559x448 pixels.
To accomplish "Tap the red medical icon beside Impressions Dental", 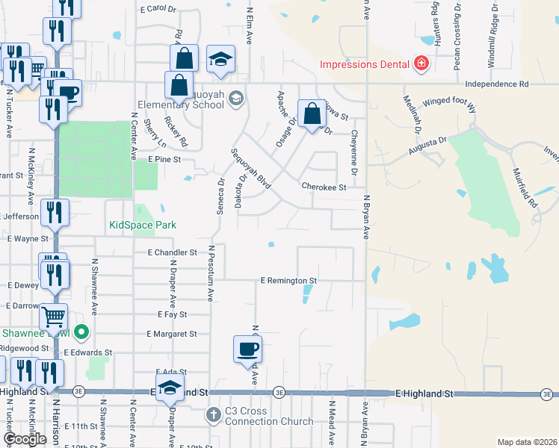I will coord(421,63).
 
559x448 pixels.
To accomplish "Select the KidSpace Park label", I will coord(141,225).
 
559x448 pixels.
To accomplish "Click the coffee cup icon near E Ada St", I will coord(247,349).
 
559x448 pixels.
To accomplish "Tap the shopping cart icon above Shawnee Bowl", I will coord(53,317).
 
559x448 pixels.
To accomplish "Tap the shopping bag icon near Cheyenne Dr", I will coord(313,113).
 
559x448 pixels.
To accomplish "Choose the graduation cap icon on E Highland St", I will coord(170,388).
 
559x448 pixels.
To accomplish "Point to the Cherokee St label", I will coord(324,187).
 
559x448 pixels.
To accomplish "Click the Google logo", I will coord(25,439).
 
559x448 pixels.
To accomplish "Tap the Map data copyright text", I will coord(527,442).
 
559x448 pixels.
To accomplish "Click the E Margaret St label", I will coord(172,334).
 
